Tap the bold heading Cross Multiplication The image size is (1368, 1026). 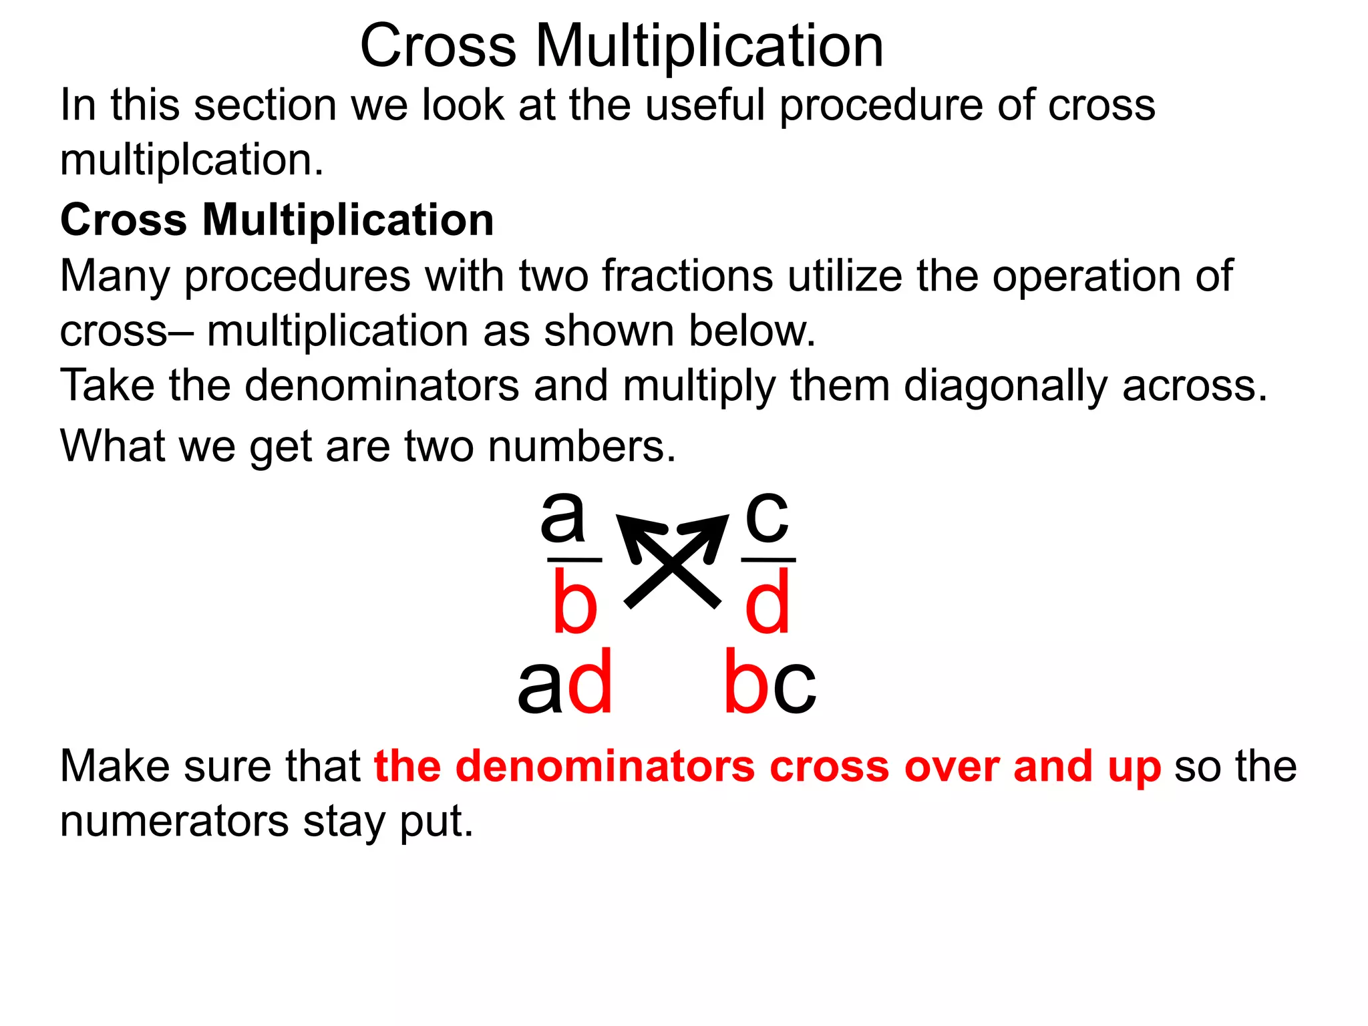pyautogui.click(x=277, y=220)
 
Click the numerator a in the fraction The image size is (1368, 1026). pyautogui.click(x=563, y=516)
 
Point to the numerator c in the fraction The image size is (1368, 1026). pyautogui.click(x=767, y=516)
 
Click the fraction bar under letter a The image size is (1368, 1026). pyautogui.click(x=574, y=560)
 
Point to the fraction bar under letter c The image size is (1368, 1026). pyautogui.click(x=768, y=560)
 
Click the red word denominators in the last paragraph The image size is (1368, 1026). pyautogui.click(x=605, y=766)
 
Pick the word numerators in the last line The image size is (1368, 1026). pyautogui.click(x=174, y=822)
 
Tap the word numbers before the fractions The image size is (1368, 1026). pyautogui.click(x=582, y=446)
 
